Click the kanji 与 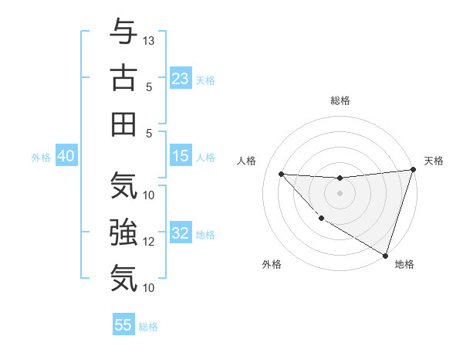(x=124, y=32)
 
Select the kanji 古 (x=124, y=78)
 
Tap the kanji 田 (x=124, y=124)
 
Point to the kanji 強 (x=124, y=232)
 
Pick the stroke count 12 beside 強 (x=149, y=241)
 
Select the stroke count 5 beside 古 (x=149, y=87)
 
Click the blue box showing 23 (x=181, y=78)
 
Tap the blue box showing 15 (x=181, y=156)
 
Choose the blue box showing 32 (x=181, y=233)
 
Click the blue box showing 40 (x=66, y=156)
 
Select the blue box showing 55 (x=123, y=325)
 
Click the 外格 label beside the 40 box (x=41, y=157)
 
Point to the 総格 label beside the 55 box (x=148, y=326)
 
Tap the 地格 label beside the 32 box (x=205, y=234)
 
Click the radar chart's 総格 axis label (x=340, y=100)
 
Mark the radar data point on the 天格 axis (x=413, y=170)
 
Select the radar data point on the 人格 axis (x=281, y=174)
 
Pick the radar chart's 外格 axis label (x=272, y=264)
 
